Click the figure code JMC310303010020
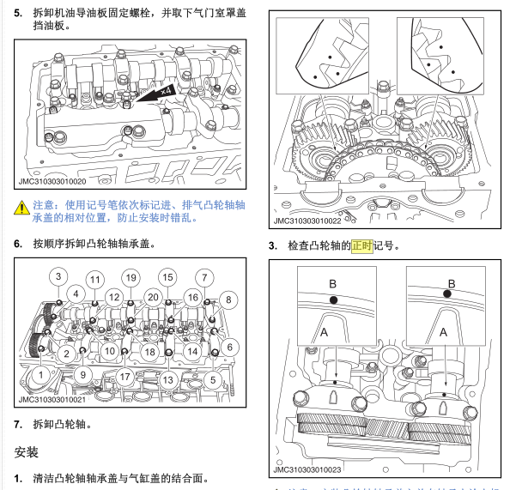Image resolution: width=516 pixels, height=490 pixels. (x=53, y=181)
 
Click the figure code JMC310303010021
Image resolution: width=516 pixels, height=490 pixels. (x=53, y=399)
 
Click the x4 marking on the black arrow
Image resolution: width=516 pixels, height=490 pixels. (x=168, y=89)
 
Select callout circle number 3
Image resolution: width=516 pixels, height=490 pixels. (x=58, y=276)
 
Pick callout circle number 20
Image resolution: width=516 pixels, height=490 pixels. (x=152, y=296)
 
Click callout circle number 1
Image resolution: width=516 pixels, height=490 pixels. (x=39, y=374)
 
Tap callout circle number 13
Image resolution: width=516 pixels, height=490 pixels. (x=167, y=378)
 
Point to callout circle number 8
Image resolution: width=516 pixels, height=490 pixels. (x=228, y=299)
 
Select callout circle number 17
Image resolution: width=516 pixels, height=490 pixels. (x=125, y=376)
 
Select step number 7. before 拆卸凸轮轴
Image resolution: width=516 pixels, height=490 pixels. (x=18, y=424)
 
